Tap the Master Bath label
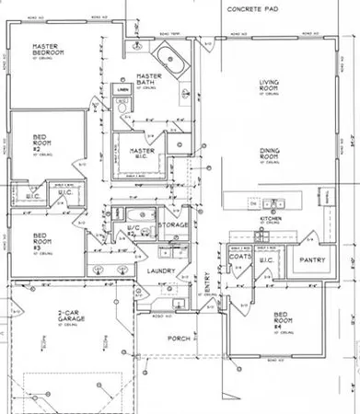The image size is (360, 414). (148, 80)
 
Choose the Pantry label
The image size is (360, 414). (306, 260)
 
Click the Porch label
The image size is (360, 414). (177, 339)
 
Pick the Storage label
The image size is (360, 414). (173, 225)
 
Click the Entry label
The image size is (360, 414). (206, 291)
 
